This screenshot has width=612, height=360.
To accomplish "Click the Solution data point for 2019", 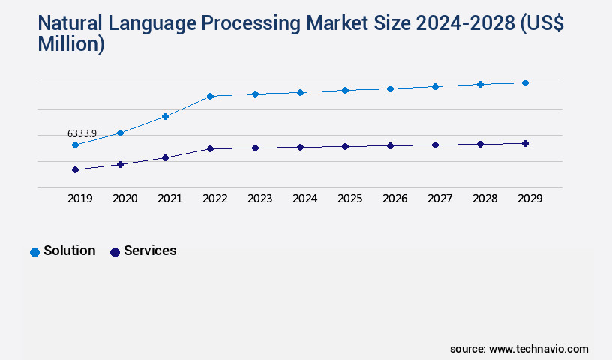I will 75,145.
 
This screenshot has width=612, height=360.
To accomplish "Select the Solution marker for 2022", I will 210,96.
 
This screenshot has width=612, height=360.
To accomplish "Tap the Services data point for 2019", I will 75,169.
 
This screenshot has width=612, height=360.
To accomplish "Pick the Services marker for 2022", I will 210,148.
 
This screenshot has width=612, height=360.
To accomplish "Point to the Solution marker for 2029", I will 525,82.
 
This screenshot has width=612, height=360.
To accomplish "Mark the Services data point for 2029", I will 525,143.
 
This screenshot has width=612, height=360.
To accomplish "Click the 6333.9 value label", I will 82,133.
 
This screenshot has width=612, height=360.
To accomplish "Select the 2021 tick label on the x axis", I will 169,199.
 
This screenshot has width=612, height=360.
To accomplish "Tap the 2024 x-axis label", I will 304,199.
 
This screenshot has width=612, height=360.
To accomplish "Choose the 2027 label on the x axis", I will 439,199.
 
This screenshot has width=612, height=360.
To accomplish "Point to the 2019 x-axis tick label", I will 79,199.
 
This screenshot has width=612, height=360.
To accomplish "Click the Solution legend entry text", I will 69,250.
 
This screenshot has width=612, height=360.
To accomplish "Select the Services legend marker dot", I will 115,252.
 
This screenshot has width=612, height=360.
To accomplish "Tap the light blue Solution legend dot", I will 34,252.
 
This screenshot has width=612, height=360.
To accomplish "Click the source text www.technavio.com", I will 538,349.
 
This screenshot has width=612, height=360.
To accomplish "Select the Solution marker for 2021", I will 165,116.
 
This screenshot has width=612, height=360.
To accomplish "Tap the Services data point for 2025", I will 345,146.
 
